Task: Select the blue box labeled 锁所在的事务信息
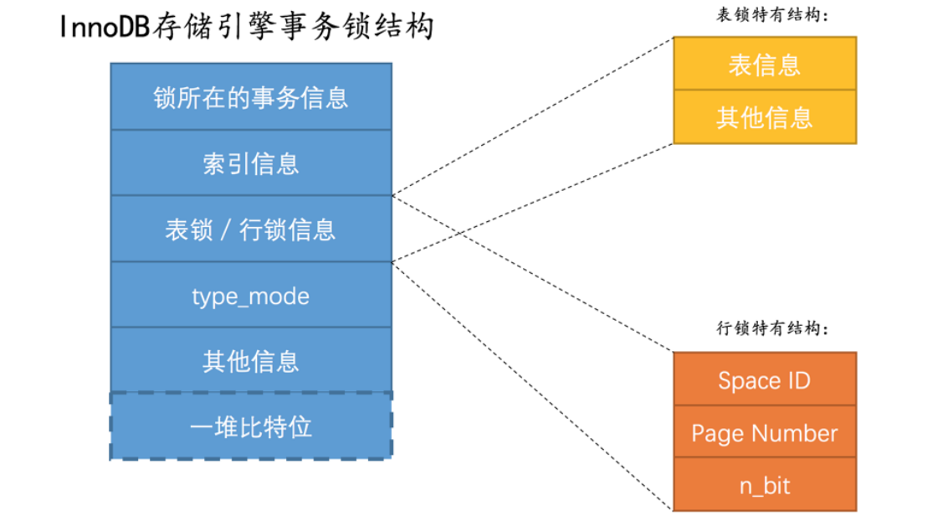[x=251, y=97]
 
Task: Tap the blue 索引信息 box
[x=251, y=163]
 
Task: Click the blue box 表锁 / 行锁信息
[x=251, y=229]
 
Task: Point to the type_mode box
[x=251, y=295]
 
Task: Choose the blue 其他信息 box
[x=251, y=361]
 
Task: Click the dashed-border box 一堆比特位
[x=251, y=426]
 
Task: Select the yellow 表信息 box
[x=765, y=64]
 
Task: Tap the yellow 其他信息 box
[x=765, y=116]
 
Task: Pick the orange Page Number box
[x=765, y=432]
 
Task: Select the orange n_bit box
[x=765, y=484]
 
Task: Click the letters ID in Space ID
[x=797, y=380]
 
